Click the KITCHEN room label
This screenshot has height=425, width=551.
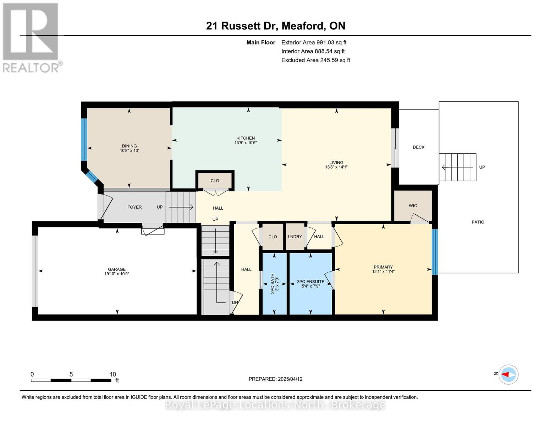click(246, 138)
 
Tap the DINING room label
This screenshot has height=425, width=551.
click(129, 146)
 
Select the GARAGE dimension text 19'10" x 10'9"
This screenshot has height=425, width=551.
click(117, 274)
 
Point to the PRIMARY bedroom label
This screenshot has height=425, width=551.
click(383, 267)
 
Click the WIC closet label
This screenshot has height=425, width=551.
click(413, 206)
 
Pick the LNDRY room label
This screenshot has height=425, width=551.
click(295, 237)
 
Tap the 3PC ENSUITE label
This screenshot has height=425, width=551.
click(310, 282)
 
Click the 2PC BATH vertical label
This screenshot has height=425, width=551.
click(272, 283)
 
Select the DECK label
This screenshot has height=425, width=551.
click(419, 147)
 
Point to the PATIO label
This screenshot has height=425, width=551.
click(478, 222)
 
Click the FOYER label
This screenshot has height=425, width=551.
click(134, 207)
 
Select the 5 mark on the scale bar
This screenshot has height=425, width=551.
click(71, 374)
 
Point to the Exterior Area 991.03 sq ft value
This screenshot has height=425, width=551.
click(314, 42)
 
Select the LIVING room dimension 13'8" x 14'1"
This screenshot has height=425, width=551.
click(336, 167)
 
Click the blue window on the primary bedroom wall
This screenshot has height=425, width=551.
click(435, 252)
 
